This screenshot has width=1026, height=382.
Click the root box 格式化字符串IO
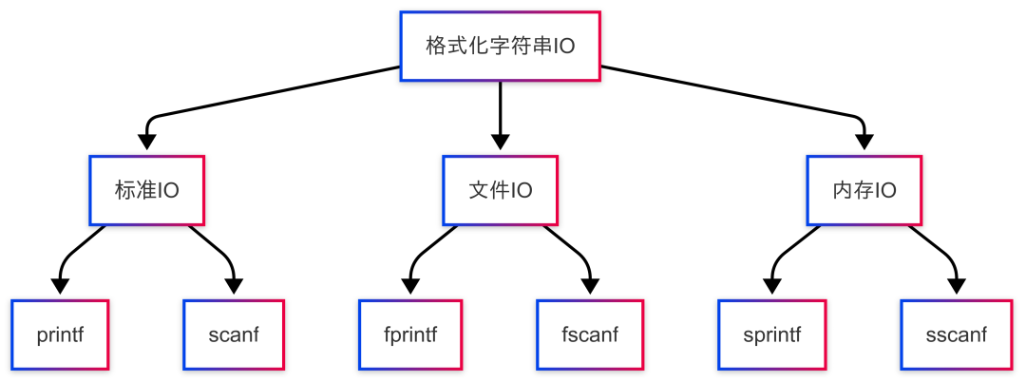coord(500,47)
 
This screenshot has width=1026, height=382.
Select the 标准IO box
coord(146,190)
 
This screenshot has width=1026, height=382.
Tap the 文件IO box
coord(501,190)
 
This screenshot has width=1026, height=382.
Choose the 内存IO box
coord(864,190)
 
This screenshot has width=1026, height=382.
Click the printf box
coord(61,334)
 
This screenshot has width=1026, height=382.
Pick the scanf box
coord(233,334)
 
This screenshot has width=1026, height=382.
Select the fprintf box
coord(410,334)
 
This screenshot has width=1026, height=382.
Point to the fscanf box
coord(590,334)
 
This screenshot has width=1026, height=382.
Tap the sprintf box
coord(771,334)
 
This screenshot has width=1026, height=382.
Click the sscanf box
coord(956,334)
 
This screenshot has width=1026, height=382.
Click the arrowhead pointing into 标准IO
coord(146,142)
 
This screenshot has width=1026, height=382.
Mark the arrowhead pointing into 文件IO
coord(501,142)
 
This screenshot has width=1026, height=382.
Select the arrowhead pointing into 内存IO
coord(864,142)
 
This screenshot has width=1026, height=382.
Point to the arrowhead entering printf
coord(61,286)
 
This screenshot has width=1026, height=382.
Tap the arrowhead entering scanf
coord(233,286)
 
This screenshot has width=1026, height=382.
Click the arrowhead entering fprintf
coord(410,286)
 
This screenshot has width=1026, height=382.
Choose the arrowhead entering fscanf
coord(590,286)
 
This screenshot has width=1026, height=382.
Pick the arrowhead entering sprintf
coord(771,286)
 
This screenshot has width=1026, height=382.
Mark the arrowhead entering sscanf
coord(956,286)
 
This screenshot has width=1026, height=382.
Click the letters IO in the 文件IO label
coord(522,190)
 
